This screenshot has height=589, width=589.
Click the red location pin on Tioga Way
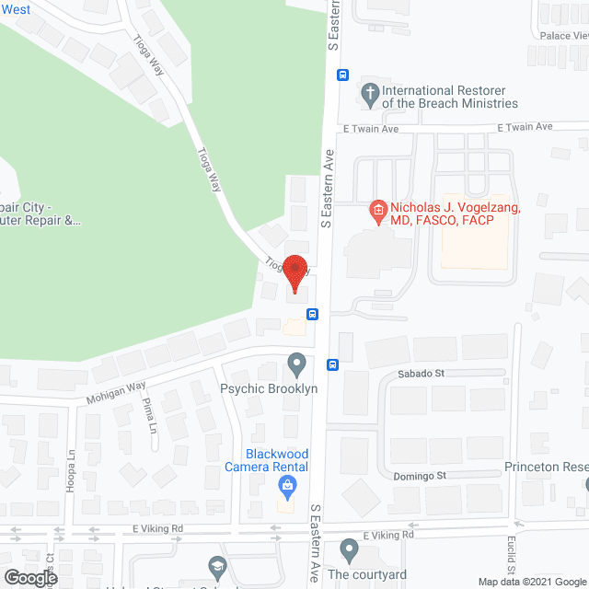[x=295, y=270]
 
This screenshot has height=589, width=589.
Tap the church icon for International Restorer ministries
[x=370, y=92]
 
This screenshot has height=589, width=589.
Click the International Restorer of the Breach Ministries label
[x=449, y=98]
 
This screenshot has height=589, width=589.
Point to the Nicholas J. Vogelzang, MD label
[x=455, y=214]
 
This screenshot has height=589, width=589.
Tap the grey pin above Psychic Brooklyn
[x=296, y=365]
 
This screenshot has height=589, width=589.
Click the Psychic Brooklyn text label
[x=269, y=388]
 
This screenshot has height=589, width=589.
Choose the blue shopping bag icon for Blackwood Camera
[x=289, y=484]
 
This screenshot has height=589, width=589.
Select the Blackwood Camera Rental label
[x=266, y=460]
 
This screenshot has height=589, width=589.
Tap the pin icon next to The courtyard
[x=348, y=551]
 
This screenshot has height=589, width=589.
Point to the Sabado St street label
[x=421, y=374]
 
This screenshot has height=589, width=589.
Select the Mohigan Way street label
[x=117, y=393]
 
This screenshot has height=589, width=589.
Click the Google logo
[x=29, y=577]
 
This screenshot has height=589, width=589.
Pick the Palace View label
[x=563, y=36]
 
